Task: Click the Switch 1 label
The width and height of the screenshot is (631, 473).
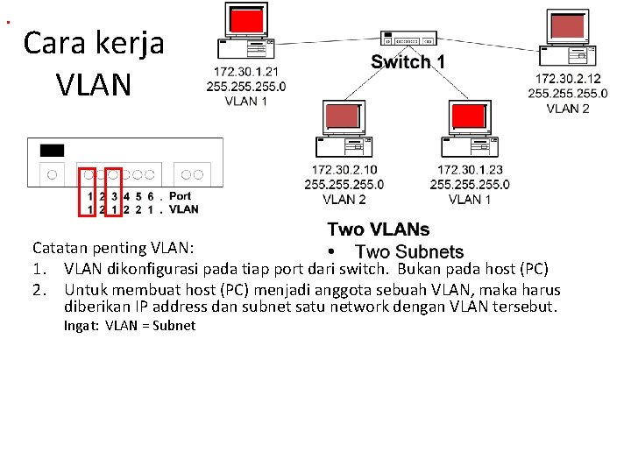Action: click(408, 62)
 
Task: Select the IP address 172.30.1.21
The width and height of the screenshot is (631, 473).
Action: click(246, 71)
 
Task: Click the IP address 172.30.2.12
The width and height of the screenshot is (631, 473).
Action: click(567, 79)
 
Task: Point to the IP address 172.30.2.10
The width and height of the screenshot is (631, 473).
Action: click(344, 170)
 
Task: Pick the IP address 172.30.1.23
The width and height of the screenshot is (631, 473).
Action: click(470, 170)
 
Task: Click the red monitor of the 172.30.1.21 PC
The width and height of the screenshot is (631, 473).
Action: click(247, 20)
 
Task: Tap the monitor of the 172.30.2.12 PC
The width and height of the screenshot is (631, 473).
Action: click(568, 26)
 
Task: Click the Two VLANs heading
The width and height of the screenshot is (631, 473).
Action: click(378, 229)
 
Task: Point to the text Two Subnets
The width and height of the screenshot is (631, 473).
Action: click(408, 252)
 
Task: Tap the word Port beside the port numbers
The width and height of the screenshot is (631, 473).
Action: click(180, 196)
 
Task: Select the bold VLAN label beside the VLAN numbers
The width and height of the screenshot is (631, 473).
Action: click(183, 209)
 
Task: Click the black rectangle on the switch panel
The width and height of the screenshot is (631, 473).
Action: click(52, 150)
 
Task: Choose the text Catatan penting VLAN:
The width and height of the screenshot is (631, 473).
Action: click(119, 248)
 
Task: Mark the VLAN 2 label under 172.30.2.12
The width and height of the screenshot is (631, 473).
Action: click(567, 109)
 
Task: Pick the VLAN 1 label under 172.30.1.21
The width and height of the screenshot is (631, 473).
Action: click(246, 101)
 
